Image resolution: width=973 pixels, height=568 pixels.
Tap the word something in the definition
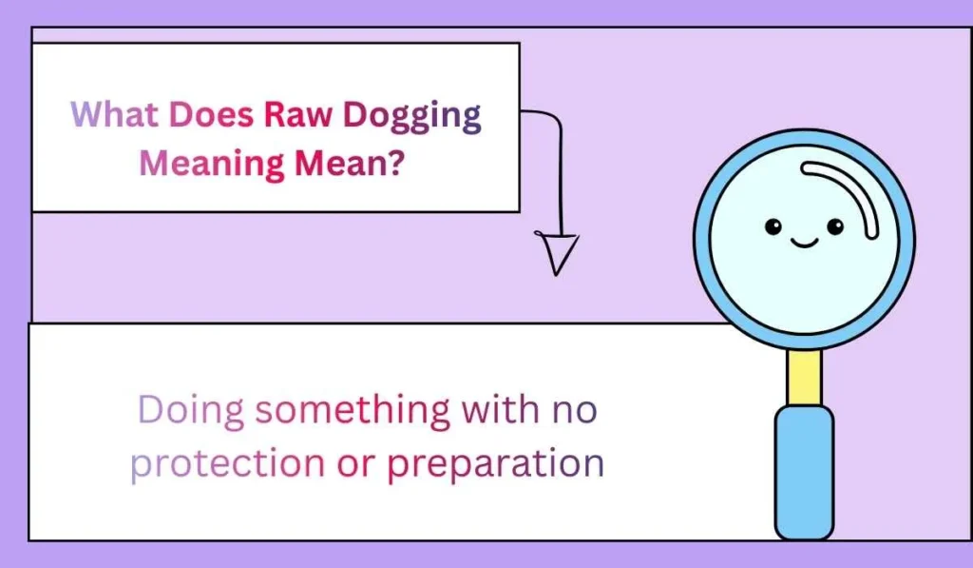(353, 411)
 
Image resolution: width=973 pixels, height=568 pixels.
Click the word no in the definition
(573, 411)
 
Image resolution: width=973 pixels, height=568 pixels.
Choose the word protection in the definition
(227, 464)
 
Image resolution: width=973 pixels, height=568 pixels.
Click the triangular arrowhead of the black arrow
(559, 254)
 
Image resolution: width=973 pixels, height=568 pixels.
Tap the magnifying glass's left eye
(773, 226)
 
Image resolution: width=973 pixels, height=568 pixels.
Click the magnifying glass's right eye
(835, 226)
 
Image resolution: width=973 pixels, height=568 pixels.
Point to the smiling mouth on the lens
(804, 244)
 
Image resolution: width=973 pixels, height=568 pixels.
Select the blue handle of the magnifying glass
(804, 471)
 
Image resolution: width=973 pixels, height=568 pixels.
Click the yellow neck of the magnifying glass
(804, 376)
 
